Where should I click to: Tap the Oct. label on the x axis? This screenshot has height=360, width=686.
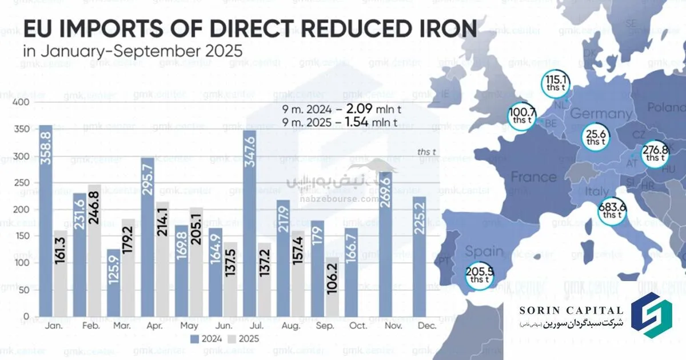352,326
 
